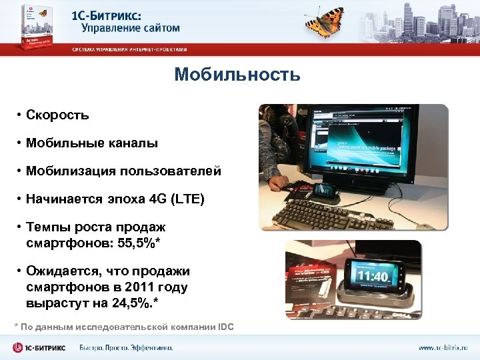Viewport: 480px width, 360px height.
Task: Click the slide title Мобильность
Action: point(237,75)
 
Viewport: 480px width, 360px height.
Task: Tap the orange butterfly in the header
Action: point(326,23)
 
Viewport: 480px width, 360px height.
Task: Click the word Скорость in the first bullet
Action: point(57,115)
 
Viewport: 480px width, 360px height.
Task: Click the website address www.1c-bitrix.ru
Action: point(443,348)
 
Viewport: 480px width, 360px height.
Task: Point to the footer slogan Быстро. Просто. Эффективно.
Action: point(126,348)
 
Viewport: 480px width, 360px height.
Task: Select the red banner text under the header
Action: point(129,50)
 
